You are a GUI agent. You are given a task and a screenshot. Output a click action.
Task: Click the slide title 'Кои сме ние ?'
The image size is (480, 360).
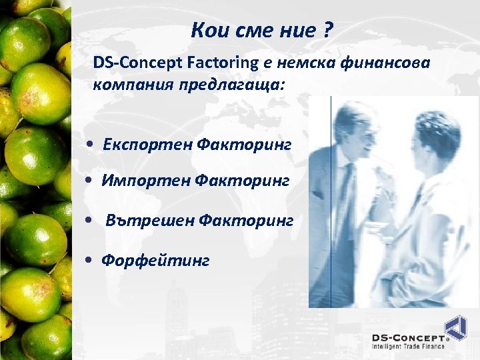click(x=262, y=31)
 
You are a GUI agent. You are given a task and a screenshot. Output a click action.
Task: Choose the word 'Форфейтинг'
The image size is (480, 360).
click(x=155, y=259)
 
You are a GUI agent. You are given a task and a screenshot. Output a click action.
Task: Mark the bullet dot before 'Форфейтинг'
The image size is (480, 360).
click(x=89, y=260)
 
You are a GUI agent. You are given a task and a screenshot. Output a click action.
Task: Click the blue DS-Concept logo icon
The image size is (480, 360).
click(x=456, y=329)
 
